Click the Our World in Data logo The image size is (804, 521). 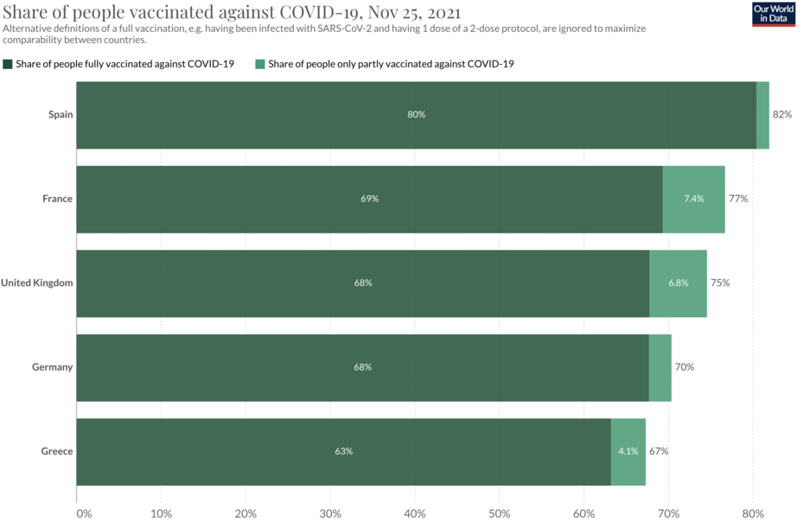[x=773, y=14]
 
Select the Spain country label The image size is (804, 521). [x=61, y=115]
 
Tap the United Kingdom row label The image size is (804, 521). [x=36, y=283]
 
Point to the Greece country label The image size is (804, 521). [x=57, y=451]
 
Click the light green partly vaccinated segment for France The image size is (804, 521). [x=693, y=199]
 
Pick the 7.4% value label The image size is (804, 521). [x=693, y=199]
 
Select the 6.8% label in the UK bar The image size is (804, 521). [x=678, y=283]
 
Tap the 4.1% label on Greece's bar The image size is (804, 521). [x=628, y=451]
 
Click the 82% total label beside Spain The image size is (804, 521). [x=782, y=115]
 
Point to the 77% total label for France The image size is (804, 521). [x=737, y=199]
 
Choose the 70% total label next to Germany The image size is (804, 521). [x=684, y=367]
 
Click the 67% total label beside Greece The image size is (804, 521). [x=658, y=451]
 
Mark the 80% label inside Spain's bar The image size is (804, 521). [x=417, y=115]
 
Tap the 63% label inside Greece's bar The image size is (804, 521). [x=343, y=451]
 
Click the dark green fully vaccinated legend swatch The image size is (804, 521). [x=8, y=64]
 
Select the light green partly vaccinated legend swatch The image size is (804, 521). [x=260, y=64]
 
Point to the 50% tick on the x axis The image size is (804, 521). [x=499, y=513]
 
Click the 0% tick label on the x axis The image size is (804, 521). [x=84, y=513]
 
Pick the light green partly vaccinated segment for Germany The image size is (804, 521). [x=660, y=367]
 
